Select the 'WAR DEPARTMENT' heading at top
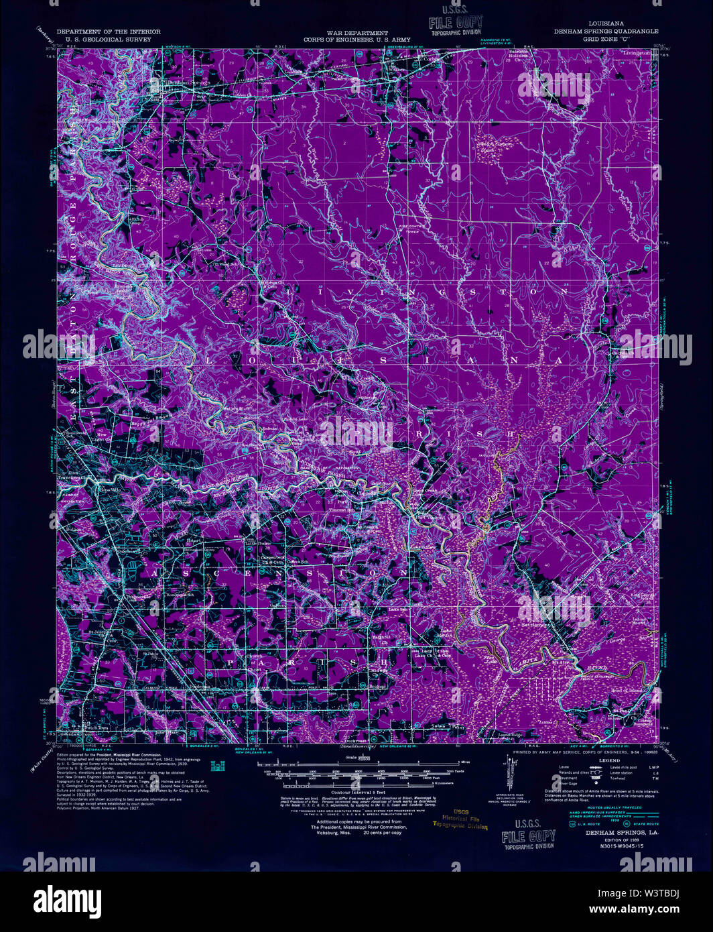(357, 33)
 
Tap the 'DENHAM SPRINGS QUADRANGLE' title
(606, 32)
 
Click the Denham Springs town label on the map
(188, 82)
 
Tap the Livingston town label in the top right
(636, 52)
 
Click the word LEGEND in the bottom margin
(609, 760)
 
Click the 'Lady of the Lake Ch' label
(432, 654)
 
